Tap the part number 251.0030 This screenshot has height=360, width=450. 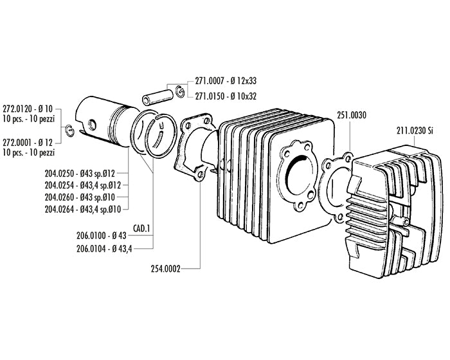point(351,116)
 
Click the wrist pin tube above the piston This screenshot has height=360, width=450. point(154,96)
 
